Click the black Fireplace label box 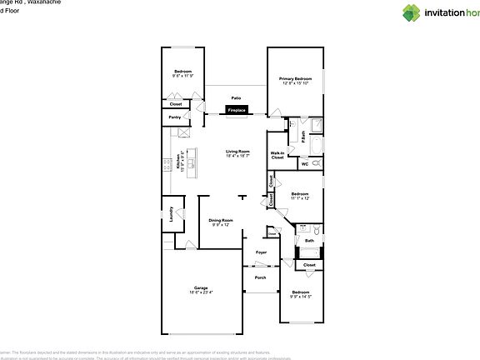pyautogui.click(x=237, y=109)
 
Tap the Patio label pyautogui.click(x=237, y=98)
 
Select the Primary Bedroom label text pyautogui.click(x=296, y=78)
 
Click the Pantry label pyautogui.click(x=175, y=117)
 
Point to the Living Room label pyautogui.click(x=237, y=151)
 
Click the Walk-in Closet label pyautogui.click(x=278, y=154)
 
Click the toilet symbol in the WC pyautogui.click(x=317, y=164)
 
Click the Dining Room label pyautogui.click(x=220, y=220)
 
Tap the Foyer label pyautogui.click(x=261, y=252)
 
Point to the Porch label pyautogui.click(x=261, y=277)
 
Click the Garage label pyautogui.click(x=201, y=287)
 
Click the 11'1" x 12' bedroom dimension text pyautogui.click(x=300, y=198)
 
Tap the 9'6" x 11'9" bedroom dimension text pyautogui.click(x=182, y=76)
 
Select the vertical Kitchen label pyautogui.click(x=178, y=163)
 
